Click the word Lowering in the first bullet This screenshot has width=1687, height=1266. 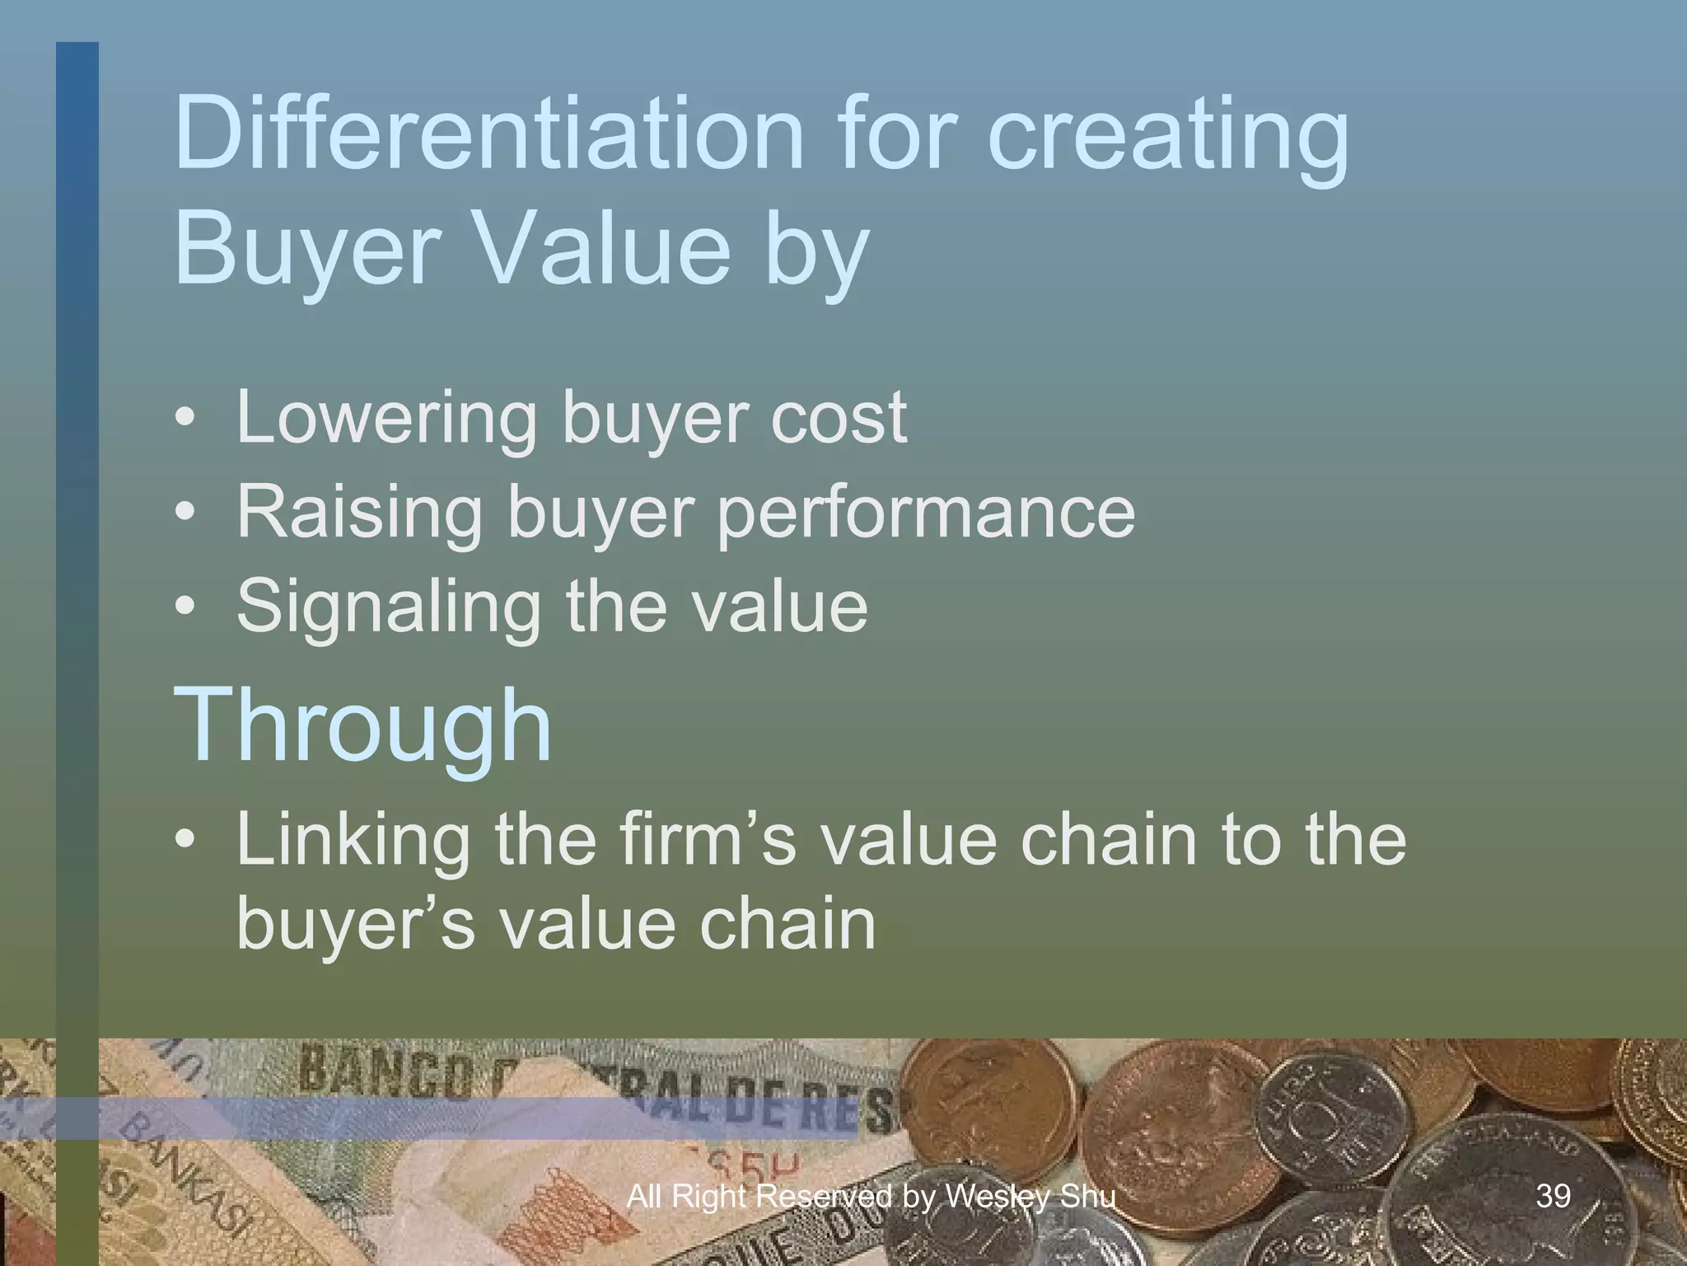click(387, 419)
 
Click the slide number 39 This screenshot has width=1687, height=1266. click(1554, 1195)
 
